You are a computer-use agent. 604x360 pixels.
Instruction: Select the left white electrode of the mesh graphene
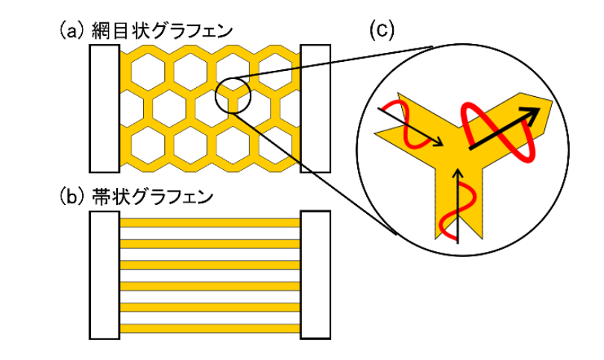point(104,107)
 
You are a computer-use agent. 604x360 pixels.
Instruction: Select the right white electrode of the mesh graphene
point(315,107)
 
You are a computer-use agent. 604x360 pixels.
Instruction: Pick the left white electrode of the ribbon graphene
point(104,274)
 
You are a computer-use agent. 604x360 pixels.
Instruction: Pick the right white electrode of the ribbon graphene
point(315,274)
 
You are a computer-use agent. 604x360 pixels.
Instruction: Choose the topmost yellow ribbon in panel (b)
point(210,222)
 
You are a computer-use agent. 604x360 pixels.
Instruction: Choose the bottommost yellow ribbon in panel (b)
point(210,329)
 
